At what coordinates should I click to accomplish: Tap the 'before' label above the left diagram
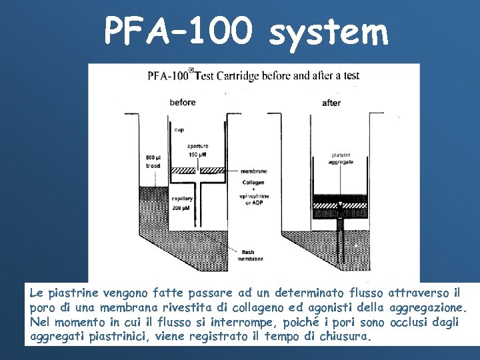[183, 102]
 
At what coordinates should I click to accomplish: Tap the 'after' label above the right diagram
[331, 103]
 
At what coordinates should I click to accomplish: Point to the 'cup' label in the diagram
[179, 130]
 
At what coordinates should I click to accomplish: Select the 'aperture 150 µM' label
[197, 150]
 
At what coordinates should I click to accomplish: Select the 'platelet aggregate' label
[341, 159]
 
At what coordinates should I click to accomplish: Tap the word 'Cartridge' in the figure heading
[247, 75]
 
